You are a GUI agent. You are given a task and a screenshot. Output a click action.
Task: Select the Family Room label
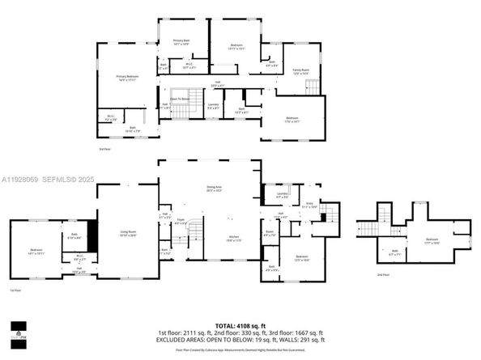300,71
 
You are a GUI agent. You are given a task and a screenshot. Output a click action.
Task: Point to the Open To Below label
180,100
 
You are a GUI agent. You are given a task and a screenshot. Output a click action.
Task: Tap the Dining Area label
215,188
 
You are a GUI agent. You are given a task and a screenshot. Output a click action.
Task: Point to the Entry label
309,205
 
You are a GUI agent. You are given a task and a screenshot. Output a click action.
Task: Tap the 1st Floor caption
15,290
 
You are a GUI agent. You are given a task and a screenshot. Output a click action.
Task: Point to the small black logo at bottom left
18,329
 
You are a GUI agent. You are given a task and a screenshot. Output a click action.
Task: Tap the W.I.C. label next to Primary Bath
189,66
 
